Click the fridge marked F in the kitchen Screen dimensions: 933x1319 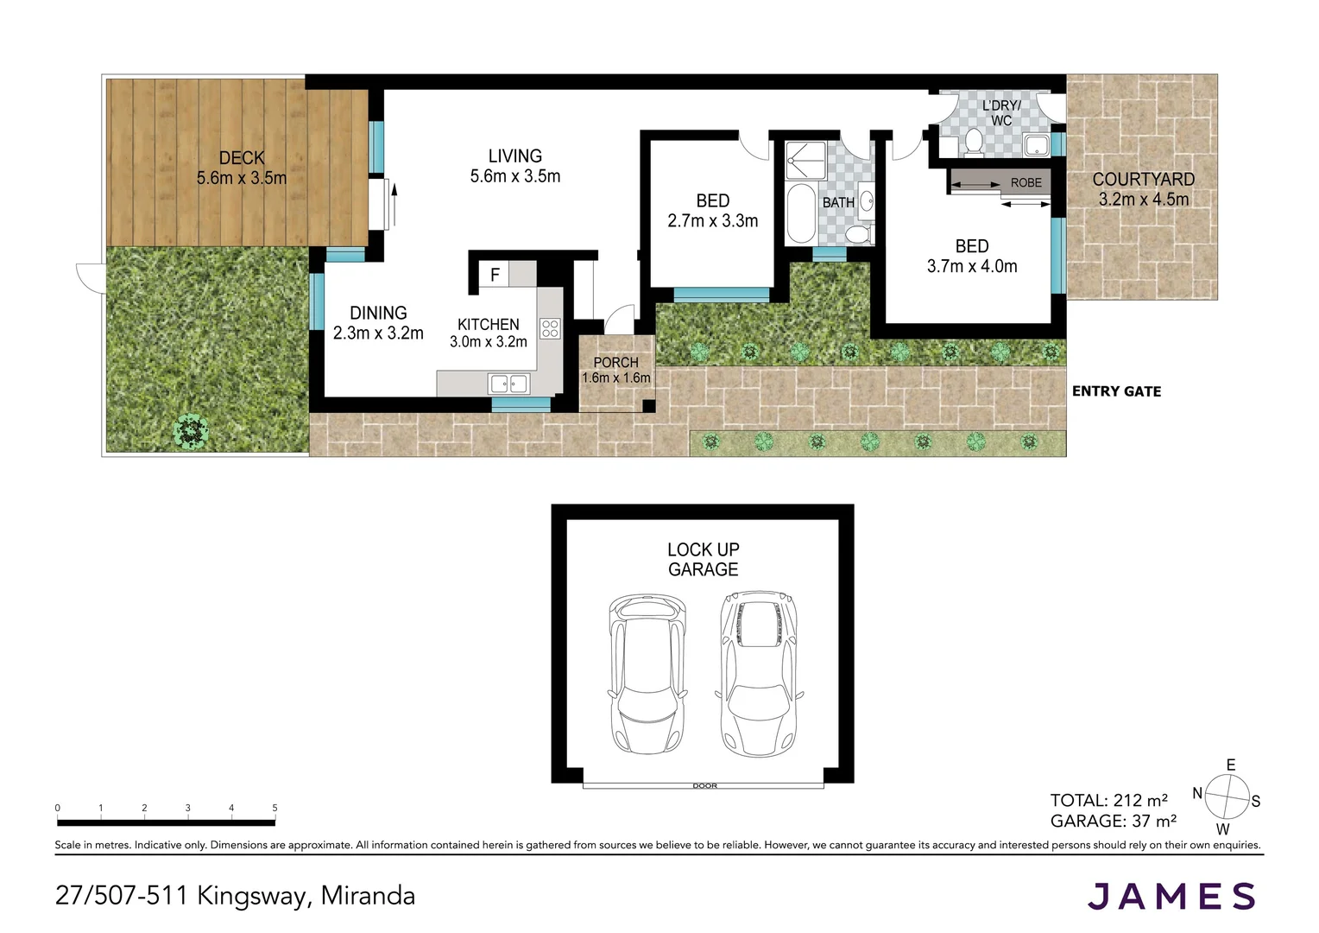pyautogui.click(x=495, y=275)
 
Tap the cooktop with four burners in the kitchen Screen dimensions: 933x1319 pyautogui.click(x=550, y=328)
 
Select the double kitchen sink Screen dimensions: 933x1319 pyautogui.click(x=508, y=383)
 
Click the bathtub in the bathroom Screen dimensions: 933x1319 pyautogui.click(x=800, y=213)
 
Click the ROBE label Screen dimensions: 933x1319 pyautogui.click(x=1026, y=183)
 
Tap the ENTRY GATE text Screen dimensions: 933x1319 pyautogui.click(x=1116, y=391)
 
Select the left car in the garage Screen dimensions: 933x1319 pyautogui.click(x=647, y=673)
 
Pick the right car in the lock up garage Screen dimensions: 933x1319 pyautogui.click(x=759, y=673)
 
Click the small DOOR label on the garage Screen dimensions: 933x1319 pyautogui.click(x=704, y=786)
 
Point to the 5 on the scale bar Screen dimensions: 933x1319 pyautogui.click(x=275, y=809)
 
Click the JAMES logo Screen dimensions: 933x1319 pyautogui.click(x=1171, y=897)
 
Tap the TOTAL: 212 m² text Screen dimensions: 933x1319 pyautogui.click(x=1108, y=800)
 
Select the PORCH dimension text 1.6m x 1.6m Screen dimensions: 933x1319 pyautogui.click(x=615, y=378)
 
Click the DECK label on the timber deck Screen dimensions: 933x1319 pyautogui.click(x=242, y=158)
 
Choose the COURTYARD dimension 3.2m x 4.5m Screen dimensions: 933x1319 pyautogui.click(x=1143, y=200)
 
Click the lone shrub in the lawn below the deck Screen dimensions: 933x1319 pyautogui.click(x=191, y=430)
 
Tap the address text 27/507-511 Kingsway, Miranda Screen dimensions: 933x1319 pyautogui.click(x=235, y=895)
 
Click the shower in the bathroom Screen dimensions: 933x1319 pyautogui.click(x=805, y=161)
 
